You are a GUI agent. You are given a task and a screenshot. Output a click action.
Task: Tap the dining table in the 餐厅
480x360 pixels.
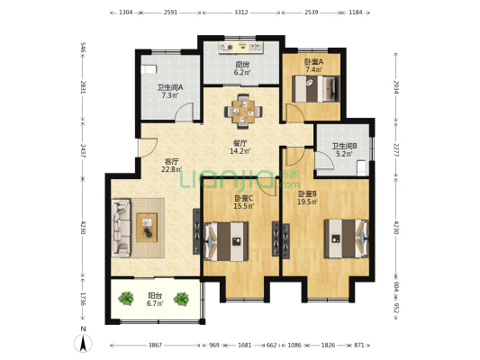pos(243,112)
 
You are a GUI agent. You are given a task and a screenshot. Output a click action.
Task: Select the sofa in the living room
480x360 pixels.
pos(121,228)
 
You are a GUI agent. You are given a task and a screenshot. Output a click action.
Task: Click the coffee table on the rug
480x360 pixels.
pos(147,228)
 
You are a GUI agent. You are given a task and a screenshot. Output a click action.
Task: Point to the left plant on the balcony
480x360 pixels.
pos(126,299)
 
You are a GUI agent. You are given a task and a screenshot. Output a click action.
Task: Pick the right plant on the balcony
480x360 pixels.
pos(181,299)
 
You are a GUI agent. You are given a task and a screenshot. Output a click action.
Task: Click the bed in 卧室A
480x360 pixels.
pos(316,89)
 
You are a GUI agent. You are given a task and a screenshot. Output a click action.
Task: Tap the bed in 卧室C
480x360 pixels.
pos(226,241)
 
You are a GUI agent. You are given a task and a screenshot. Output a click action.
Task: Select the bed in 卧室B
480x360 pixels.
pos(346,238)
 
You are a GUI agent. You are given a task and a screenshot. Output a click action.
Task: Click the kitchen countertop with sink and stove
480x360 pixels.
pos(241,47)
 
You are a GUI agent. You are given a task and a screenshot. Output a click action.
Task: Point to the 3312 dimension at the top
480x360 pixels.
pos(241,13)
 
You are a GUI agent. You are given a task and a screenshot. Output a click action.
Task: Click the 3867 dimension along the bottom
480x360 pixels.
pos(155,346)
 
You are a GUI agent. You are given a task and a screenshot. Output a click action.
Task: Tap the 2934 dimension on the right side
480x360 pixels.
pos(396,88)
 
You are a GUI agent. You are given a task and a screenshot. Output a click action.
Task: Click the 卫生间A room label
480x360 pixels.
pos(170,87)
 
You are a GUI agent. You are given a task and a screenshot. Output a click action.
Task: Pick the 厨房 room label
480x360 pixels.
pos(242,65)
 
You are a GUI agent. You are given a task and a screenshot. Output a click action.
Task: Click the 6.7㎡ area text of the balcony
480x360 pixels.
pos(155,303)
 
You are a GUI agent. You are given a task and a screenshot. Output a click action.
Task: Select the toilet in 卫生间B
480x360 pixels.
pos(361,168)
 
